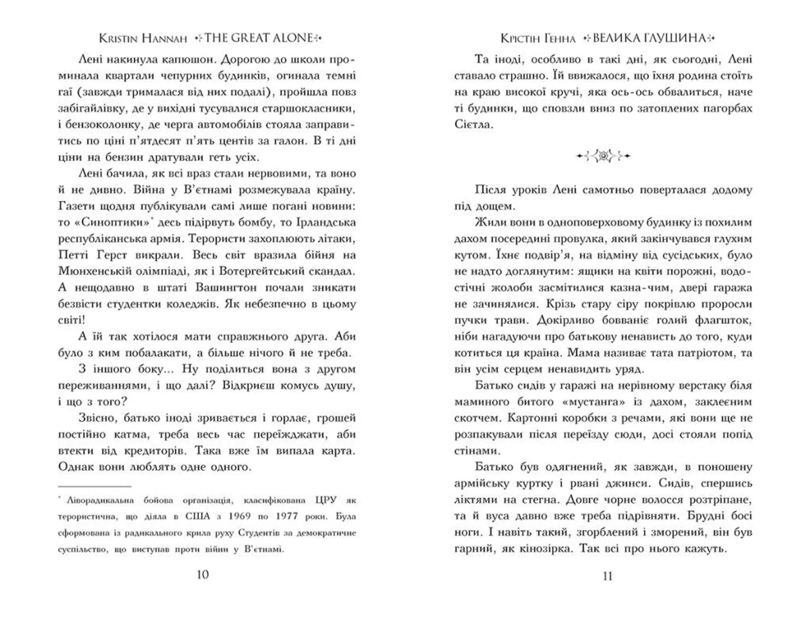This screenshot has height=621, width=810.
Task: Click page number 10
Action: [202, 575]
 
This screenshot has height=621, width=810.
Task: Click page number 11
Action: [607, 576]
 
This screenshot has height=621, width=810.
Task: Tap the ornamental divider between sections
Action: [603, 156]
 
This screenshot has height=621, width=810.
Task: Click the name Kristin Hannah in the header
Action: [143, 38]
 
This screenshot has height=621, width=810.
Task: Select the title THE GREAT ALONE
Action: [259, 38]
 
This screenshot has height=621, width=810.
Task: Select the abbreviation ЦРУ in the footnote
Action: [325, 500]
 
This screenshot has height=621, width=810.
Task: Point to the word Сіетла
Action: [473, 124]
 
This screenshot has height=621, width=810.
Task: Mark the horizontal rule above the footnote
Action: [94, 486]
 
